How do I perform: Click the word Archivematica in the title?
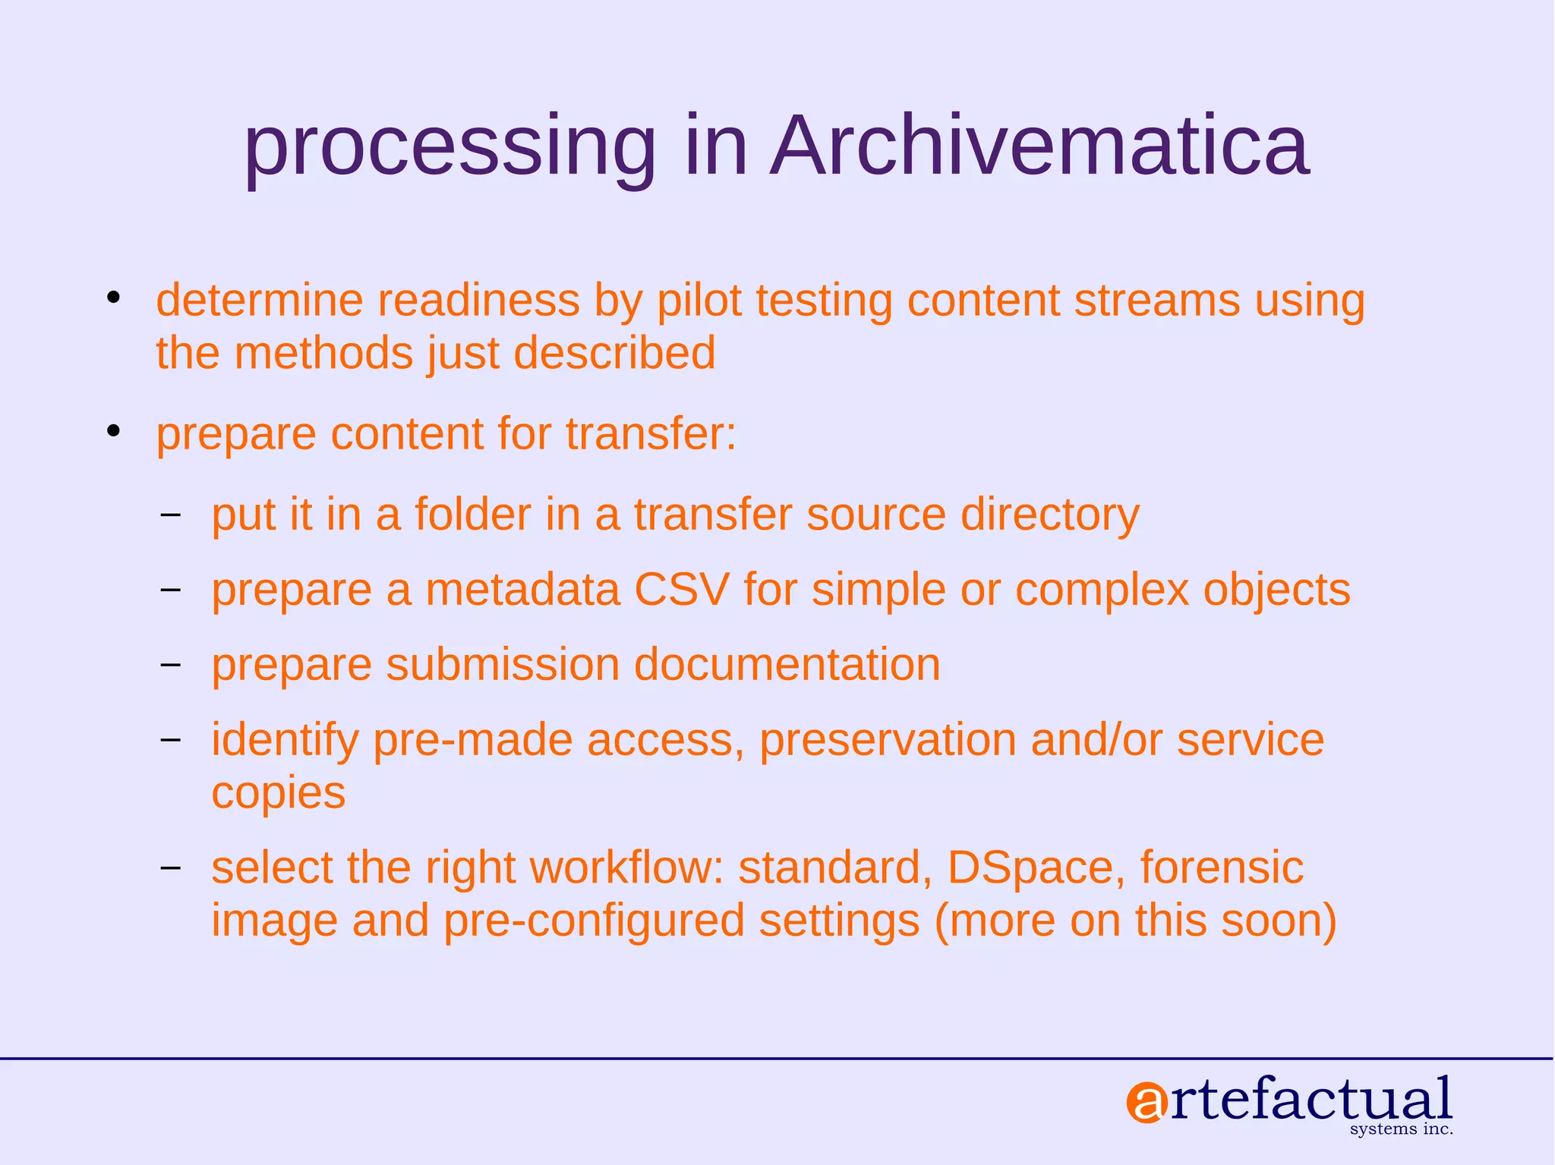(x=1039, y=146)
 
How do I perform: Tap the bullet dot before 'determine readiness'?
(x=114, y=298)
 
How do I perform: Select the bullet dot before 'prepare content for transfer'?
(x=114, y=431)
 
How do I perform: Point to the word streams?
(x=1156, y=301)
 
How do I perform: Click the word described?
(x=614, y=354)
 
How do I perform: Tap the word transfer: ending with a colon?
(x=651, y=434)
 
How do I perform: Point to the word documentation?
(x=787, y=665)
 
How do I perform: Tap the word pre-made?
(x=472, y=740)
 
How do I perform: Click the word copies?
(x=278, y=794)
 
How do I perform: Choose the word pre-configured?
(x=594, y=921)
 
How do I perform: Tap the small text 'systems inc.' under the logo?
(x=1402, y=1129)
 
